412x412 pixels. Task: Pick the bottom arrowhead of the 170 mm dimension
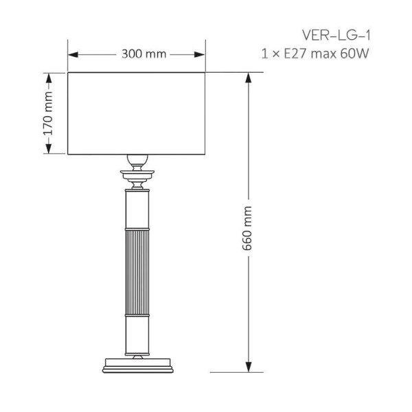[49, 150]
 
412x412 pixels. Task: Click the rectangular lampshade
[137, 113]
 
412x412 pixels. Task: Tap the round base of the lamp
[137, 365]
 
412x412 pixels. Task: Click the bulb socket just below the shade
[137, 162]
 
